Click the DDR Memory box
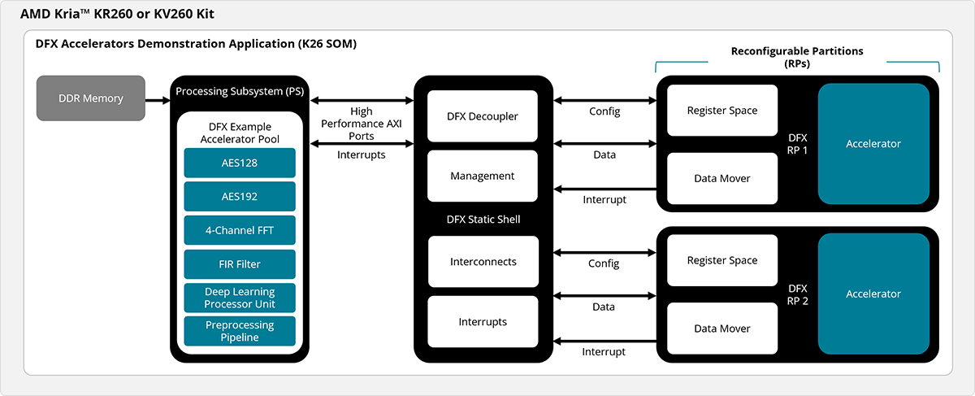point(91,98)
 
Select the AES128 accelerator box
point(239,163)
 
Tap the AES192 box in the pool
point(239,197)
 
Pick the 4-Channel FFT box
point(239,230)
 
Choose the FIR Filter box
point(239,264)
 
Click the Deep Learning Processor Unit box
point(239,298)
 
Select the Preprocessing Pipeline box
point(239,331)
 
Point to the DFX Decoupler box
point(483,116)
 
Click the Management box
point(483,176)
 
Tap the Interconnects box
point(483,262)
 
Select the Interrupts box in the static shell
point(483,322)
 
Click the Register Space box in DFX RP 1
point(722,111)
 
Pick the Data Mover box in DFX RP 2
point(722,329)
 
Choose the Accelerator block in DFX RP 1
point(873,144)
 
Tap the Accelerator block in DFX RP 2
point(873,294)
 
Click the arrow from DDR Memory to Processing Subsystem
point(157,99)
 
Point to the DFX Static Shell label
point(483,219)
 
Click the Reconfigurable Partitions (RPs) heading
point(796,57)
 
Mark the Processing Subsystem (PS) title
point(239,91)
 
